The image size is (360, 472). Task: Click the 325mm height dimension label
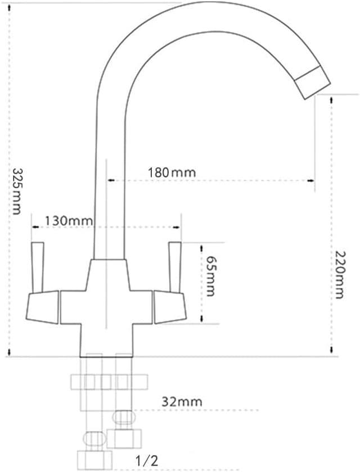[x=17, y=191]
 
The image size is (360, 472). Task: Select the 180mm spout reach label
[x=172, y=172]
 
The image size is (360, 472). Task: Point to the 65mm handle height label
[x=210, y=276]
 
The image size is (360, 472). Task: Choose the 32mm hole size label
[x=181, y=401]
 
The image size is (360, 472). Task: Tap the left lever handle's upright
[x=38, y=267]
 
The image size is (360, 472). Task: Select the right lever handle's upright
[x=174, y=267]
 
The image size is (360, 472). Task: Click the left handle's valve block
[x=42, y=306]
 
